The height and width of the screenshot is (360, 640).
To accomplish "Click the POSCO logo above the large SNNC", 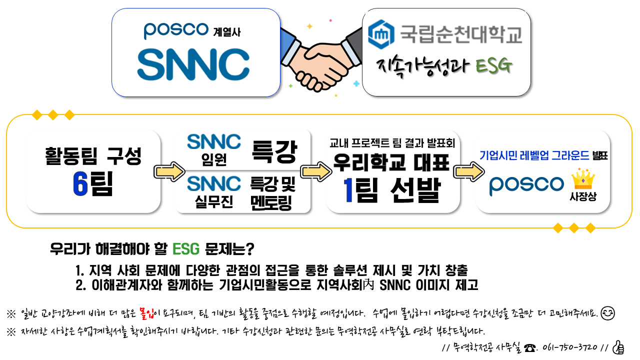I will [175, 31].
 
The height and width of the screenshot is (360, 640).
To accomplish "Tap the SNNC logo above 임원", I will [214, 141].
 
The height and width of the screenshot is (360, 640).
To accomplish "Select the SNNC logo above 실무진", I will [214, 183].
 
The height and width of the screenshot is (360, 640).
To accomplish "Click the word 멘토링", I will [271, 203].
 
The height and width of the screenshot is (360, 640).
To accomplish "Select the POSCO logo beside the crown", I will [526, 184].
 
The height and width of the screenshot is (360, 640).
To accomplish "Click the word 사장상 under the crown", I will [583, 197].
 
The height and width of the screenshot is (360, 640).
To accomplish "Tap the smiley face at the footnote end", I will [607, 313].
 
